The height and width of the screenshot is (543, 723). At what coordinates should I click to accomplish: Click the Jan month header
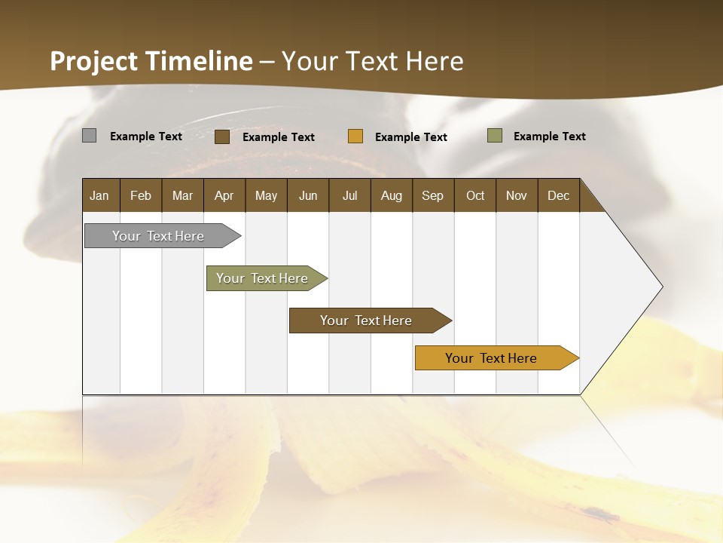100,195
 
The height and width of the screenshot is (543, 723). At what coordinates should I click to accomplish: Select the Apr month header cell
224,195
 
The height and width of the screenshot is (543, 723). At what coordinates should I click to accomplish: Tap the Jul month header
350,195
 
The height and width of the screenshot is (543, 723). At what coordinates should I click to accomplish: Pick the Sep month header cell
433,195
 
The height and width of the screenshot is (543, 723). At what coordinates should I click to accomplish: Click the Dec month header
559,195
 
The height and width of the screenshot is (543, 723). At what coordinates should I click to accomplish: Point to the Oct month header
475,195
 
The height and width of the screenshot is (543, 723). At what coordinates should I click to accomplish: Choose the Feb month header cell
141,195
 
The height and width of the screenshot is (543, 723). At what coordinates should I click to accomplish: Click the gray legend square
89,136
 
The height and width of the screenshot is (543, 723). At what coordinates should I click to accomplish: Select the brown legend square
222,137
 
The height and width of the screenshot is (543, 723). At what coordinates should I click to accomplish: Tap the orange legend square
355,137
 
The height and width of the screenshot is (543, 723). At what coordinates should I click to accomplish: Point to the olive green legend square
495,136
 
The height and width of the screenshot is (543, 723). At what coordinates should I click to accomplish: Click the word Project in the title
93,62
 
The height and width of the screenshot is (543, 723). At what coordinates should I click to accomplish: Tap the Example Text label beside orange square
411,137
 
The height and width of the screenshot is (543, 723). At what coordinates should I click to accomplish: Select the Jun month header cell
308,195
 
